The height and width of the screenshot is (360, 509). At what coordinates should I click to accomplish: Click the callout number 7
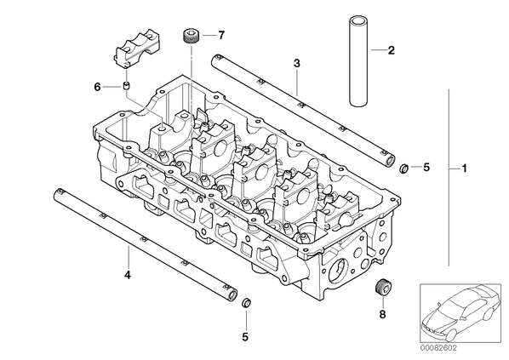(221, 35)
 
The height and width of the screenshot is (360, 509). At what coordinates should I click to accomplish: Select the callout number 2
(392, 50)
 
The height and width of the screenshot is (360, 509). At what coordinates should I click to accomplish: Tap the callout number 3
(297, 63)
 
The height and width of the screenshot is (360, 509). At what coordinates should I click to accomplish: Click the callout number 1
(465, 169)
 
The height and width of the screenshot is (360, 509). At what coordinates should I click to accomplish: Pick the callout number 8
(383, 314)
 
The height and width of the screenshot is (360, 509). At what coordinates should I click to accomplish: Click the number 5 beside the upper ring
(426, 167)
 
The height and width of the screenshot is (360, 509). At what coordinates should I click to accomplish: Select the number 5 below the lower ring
(245, 337)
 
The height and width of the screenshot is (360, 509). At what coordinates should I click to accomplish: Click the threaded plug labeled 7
(191, 36)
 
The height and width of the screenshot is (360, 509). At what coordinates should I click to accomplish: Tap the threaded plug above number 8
(383, 287)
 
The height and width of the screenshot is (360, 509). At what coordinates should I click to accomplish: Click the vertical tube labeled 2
(358, 62)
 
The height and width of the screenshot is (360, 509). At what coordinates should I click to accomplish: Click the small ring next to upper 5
(404, 169)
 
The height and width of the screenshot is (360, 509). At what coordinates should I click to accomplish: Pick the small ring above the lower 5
(246, 303)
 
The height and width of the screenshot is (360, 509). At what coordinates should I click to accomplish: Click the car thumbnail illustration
(460, 313)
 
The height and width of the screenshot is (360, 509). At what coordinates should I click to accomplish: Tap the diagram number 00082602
(438, 348)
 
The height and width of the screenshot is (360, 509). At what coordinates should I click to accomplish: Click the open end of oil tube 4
(232, 295)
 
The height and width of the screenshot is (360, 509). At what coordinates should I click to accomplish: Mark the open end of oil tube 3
(389, 160)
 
